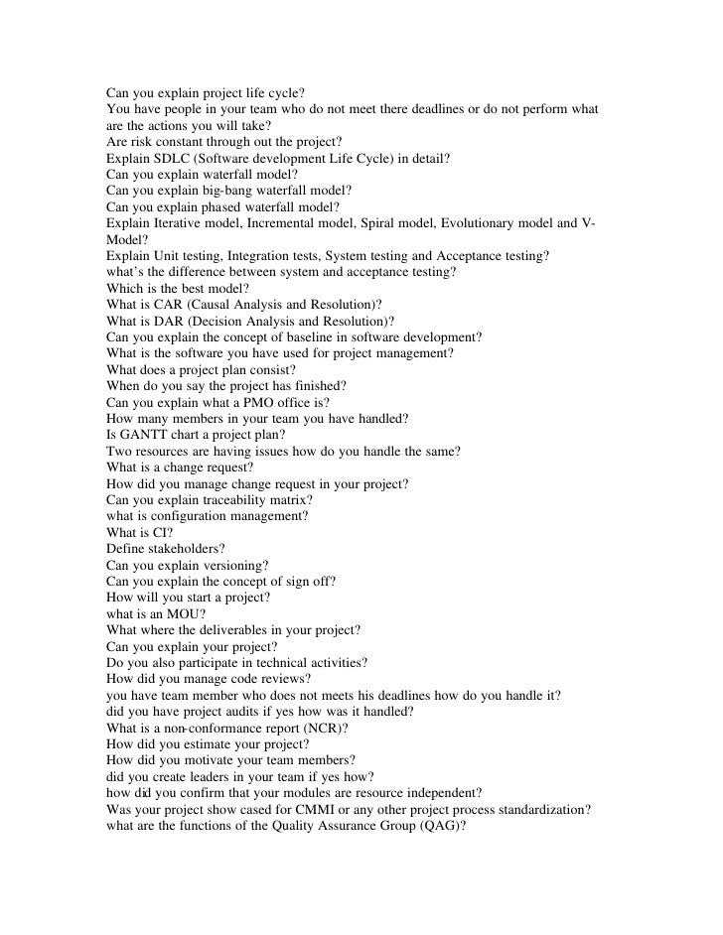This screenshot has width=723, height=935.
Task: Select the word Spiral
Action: (x=390, y=222)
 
